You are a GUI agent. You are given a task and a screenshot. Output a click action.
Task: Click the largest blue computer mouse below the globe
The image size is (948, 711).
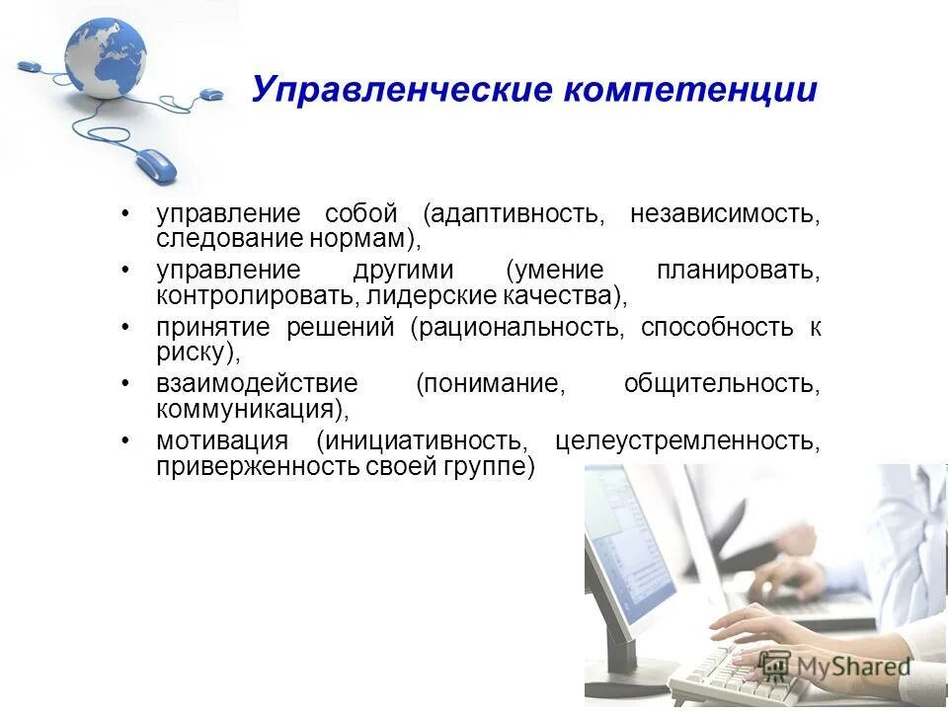[x=155, y=164]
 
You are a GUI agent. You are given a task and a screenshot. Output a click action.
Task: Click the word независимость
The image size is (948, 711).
[x=724, y=214]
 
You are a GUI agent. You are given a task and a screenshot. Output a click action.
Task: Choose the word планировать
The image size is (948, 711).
[x=737, y=271]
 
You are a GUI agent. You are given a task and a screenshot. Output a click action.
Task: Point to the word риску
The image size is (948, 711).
[x=195, y=352]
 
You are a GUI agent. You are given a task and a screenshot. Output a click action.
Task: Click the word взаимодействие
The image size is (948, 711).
[x=257, y=383]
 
